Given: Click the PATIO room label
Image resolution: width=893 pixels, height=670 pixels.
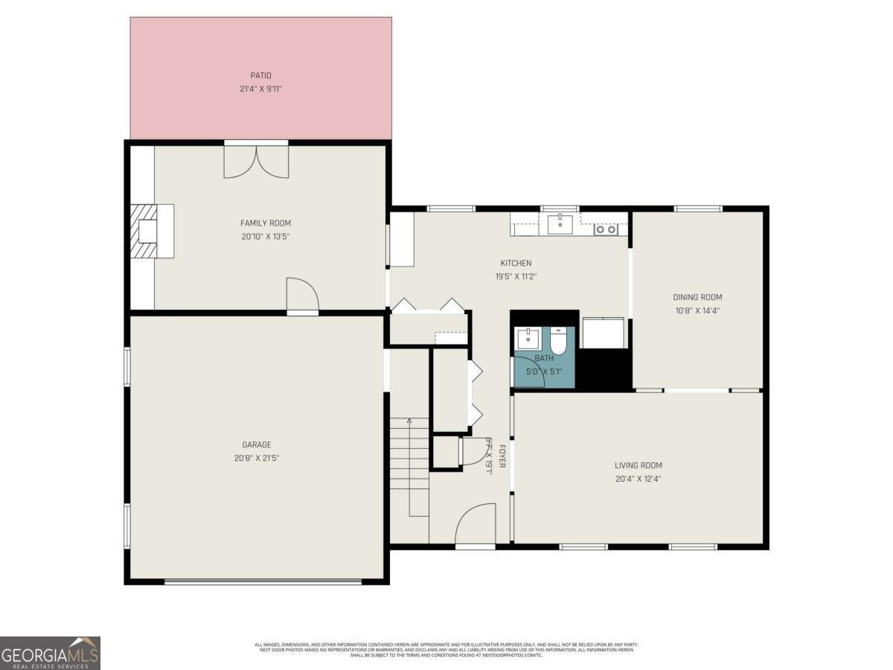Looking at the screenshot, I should pos(260,75).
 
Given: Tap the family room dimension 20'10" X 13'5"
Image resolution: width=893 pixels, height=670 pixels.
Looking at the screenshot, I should pos(265,237).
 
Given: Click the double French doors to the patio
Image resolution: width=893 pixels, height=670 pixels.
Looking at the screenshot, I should pos(256,161).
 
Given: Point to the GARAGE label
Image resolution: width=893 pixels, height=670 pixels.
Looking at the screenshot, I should pos(255,444).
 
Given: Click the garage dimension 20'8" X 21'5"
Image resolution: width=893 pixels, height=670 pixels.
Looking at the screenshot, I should pos(255,458).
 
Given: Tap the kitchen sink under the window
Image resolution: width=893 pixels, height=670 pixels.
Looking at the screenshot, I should pos(560,223).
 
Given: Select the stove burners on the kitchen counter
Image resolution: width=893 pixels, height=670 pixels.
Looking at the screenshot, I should pos(605,229).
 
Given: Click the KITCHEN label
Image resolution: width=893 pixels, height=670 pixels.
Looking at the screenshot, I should pos(515,263).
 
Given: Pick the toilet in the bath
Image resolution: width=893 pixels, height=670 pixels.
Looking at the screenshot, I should pos(558,342).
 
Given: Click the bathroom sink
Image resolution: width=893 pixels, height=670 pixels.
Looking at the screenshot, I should pos(529,339).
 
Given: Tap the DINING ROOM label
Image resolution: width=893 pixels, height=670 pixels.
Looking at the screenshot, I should pos(697,297).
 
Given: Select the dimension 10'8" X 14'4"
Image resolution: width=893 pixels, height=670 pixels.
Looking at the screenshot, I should pos(697,310).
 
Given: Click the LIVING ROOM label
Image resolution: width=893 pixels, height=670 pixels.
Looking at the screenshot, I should pos(638,465).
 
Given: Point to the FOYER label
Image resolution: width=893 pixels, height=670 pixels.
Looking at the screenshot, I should pos(502,456).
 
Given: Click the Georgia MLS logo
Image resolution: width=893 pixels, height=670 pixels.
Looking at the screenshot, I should pos(50,653).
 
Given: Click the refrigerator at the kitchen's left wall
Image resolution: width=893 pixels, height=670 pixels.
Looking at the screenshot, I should pos(402,239).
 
